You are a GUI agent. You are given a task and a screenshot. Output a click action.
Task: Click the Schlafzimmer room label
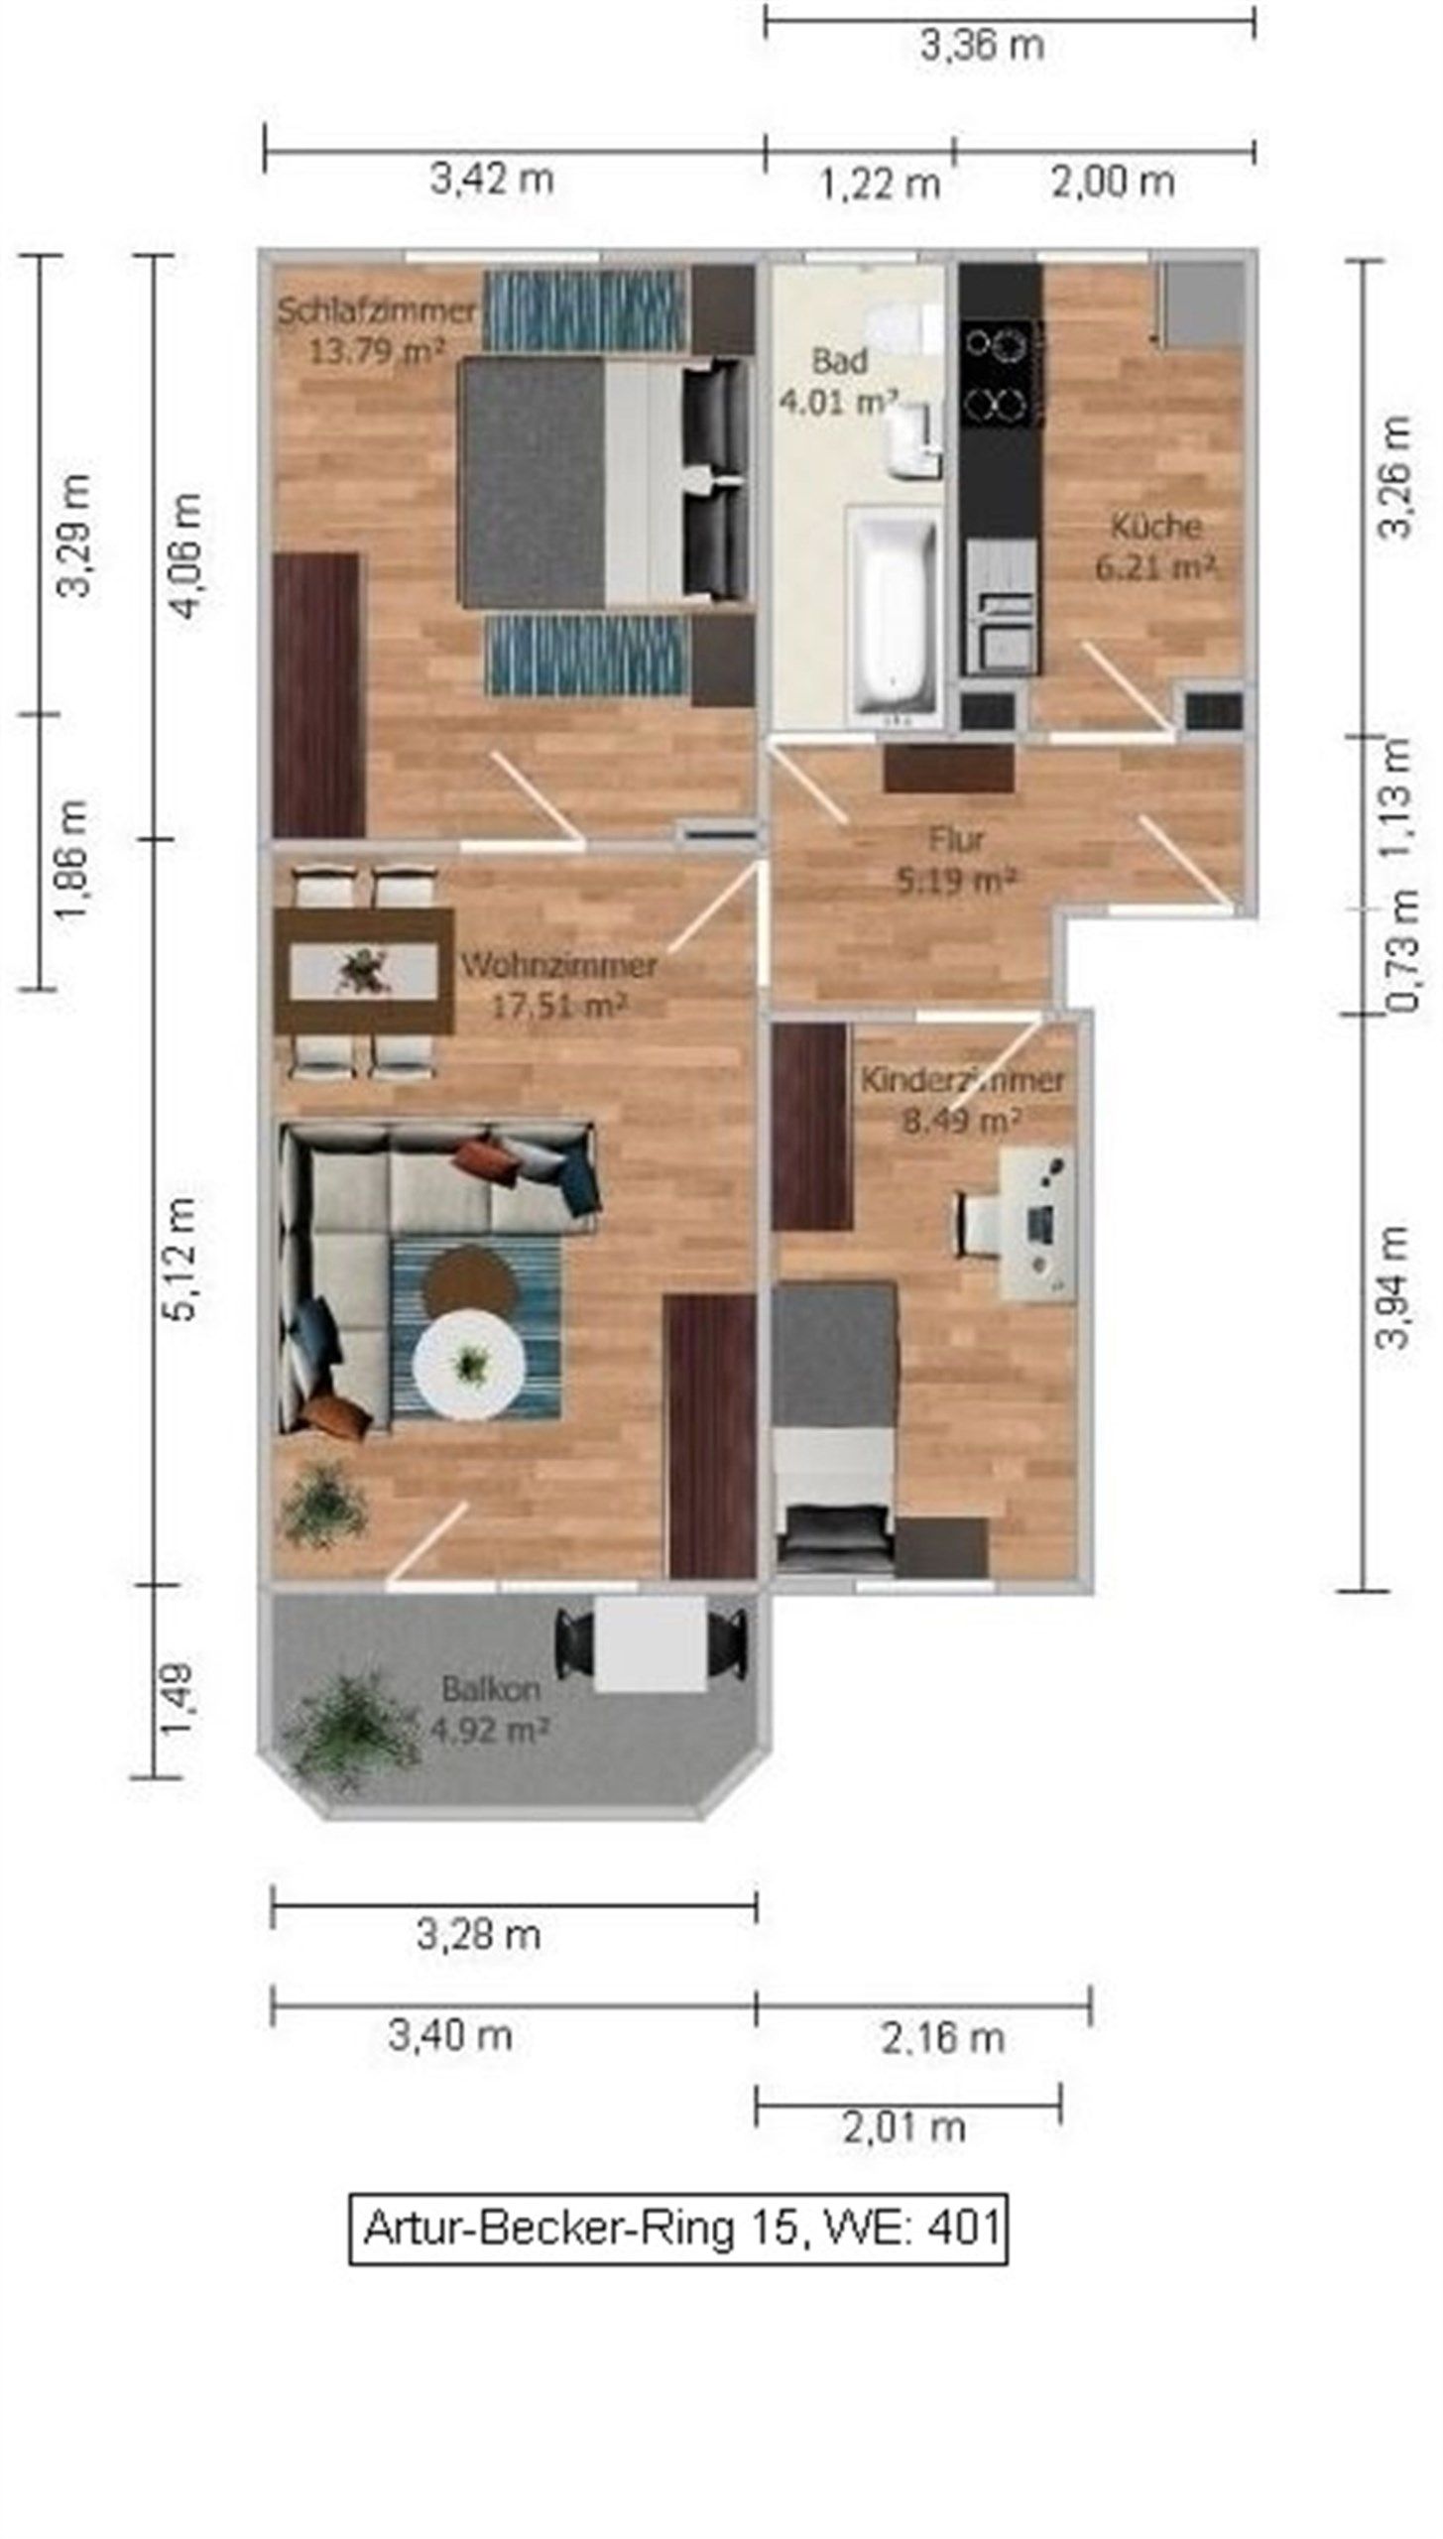[x=377, y=311]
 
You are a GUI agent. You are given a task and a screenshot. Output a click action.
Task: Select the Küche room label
[x=1156, y=526]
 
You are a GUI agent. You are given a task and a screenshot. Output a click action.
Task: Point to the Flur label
[x=956, y=839]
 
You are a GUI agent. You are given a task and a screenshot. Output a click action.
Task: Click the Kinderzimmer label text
[x=962, y=1080]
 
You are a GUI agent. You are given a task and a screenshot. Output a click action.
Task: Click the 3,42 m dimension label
[x=491, y=180]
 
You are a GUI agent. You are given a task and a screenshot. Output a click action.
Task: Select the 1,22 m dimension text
[x=881, y=183]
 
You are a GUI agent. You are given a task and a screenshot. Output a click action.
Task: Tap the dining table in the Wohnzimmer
[x=364, y=971]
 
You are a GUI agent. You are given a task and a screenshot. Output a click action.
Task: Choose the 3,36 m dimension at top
[x=982, y=47]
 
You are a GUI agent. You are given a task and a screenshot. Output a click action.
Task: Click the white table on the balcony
[x=651, y=1643]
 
